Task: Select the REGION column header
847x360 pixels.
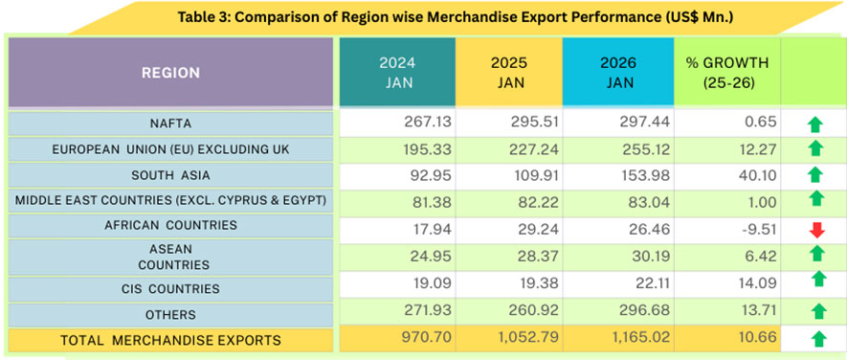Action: (x=170, y=73)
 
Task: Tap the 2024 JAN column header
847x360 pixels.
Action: (x=396, y=73)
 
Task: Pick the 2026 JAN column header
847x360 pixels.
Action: (x=619, y=73)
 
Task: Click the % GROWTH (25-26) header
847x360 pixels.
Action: (x=727, y=73)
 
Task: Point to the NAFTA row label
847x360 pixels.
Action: (x=172, y=123)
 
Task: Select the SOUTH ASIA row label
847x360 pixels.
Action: (x=172, y=175)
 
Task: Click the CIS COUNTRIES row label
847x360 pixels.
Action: (x=172, y=288)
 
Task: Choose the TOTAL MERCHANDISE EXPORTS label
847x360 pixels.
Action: (x=170, y=339)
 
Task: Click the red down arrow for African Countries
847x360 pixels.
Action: (x=815, y=229)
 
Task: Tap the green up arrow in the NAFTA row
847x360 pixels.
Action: (x=815, y=124)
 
